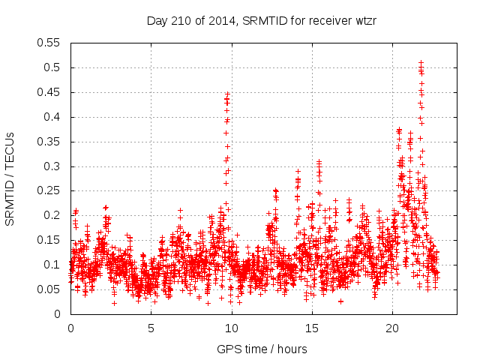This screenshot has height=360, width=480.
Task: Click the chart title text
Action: pos(261,21)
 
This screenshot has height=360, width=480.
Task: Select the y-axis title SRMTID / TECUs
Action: pos(10,178)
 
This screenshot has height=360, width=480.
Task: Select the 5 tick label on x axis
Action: pos(151,328)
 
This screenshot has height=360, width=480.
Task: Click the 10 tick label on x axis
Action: pos(231,328)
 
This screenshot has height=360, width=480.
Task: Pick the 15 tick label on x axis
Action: pos(311,328)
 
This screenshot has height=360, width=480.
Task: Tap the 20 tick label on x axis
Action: pos(392,328)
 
